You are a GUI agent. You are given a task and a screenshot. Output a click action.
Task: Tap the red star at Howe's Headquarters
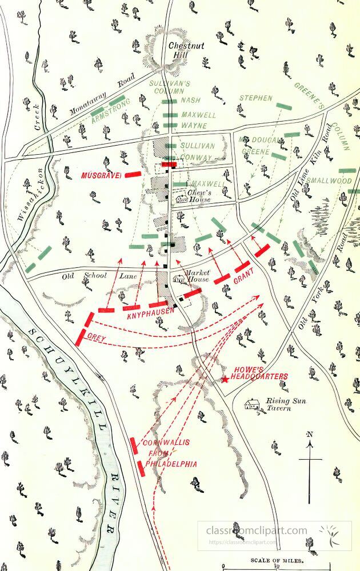pyautogui.click(x=225, y=379)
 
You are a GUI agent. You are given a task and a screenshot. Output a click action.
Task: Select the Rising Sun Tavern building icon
pyautogui.click(x=252, y=405)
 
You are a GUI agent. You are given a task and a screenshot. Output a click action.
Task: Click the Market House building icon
pyautogui.click(x=179, y=279)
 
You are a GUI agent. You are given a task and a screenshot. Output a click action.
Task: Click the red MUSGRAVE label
pyautogui.click(x=101, y=175)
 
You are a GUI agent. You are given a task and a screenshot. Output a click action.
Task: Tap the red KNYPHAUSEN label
pyautogui.click(x=150, y=315)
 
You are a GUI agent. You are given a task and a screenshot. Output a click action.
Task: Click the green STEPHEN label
pyautogui.click(x=255, y=98)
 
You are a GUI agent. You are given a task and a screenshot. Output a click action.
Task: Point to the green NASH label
pyautogui.click(x=190, y=100)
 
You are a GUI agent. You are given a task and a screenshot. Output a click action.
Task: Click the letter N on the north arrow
pyautogui.click(x=310, y=435)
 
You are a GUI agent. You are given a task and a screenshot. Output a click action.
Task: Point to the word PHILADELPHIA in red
pyautogui.click(x=171, y=464)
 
